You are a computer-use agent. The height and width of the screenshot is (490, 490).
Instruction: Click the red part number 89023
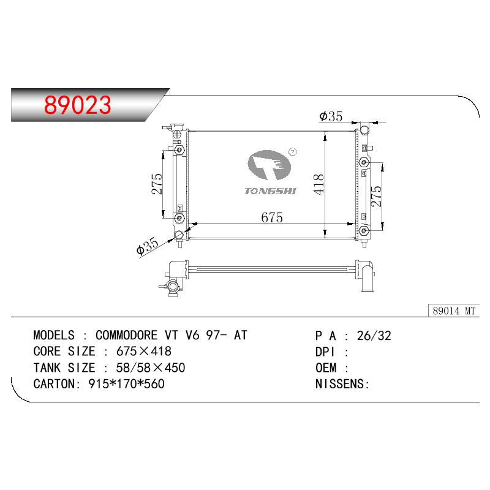tap(78, 105)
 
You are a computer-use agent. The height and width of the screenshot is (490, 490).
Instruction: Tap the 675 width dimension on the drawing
tap(272, 217)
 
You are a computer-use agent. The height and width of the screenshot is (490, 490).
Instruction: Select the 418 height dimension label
tap(318, 184)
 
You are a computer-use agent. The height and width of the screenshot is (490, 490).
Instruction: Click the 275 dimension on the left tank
tap(157, 184)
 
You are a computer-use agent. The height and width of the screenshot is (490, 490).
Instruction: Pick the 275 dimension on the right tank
tap(376, 196)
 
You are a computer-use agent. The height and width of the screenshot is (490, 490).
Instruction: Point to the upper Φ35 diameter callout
tap(331, 116)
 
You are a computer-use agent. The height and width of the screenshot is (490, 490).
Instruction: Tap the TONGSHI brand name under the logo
tap(270, 191)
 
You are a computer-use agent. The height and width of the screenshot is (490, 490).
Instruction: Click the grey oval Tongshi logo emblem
tap(269, 165)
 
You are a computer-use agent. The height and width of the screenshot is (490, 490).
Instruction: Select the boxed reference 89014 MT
tap(454, 311)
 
